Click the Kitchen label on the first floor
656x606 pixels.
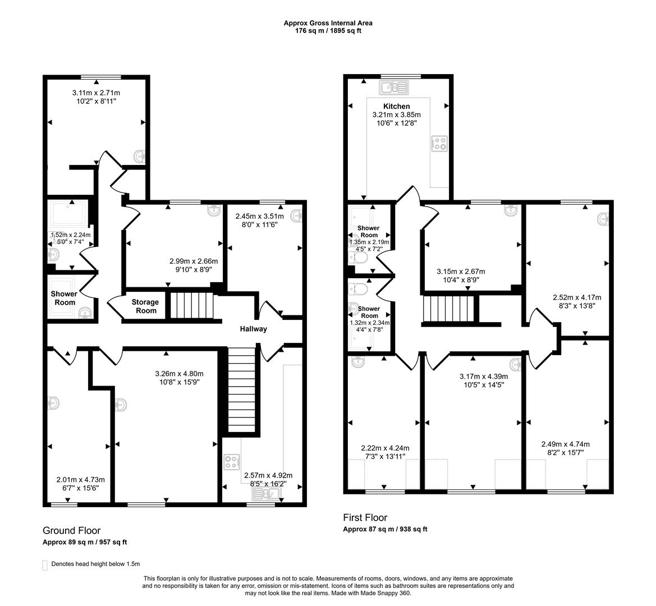(x=396, y=106)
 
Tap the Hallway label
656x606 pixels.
(x=253, y=329)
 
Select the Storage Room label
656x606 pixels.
(x=145, y=306)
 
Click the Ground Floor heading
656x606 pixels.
(x=71, y=530)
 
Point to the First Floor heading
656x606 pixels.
(x=365, y=517)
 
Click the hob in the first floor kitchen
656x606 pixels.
(x=439, y=144)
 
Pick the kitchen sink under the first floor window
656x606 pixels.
(x=394, y=87)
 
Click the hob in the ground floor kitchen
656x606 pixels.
(x=231, y=462)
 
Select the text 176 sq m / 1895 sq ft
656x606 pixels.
(x=328, y=31)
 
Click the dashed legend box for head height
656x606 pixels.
(x=45, y=564)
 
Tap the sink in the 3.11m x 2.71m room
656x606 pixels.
(x=140, y=155)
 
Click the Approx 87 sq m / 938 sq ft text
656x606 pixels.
(x=385, y=529)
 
